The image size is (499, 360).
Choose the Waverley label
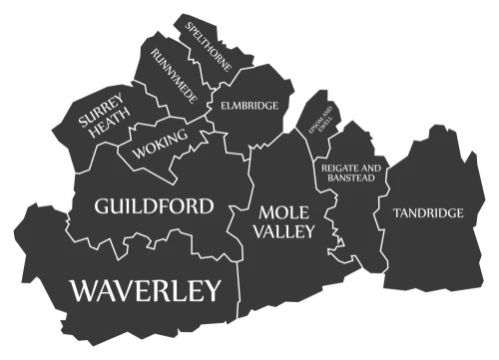click(145, 290)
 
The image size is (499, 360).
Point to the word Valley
click(282, 230)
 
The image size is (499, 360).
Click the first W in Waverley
click(84, 290)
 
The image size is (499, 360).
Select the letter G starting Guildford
click(102, 207)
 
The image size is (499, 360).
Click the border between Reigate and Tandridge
click(383, 199)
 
